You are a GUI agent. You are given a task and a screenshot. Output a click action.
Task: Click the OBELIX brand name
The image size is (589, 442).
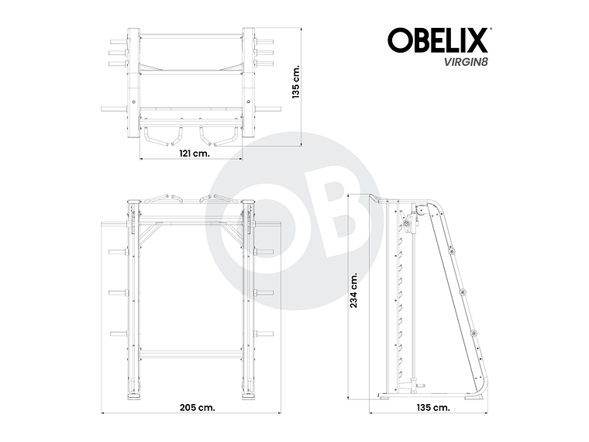(x=438, y=40)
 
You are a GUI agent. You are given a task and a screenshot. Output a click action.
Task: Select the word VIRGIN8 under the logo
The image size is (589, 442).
(x=464, y=63)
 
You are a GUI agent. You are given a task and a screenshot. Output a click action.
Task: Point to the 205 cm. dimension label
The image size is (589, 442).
(x=195, y=406)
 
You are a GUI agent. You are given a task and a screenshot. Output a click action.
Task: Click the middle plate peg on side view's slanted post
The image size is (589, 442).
(x=462, y=291)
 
